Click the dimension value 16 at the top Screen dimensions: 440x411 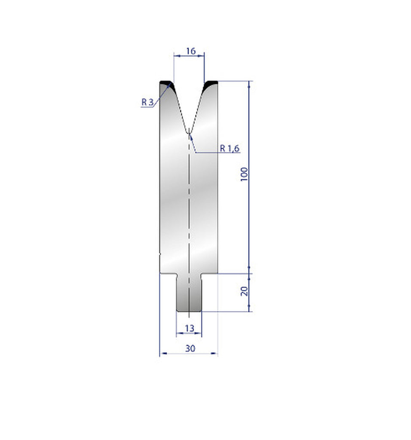pos(190,51)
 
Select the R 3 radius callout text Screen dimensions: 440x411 pos(147,102)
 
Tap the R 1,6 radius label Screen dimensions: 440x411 pos(230,148)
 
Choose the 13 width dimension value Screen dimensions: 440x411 pos(189,328)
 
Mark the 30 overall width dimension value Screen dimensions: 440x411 pos(190,348)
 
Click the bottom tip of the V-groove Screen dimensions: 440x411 pos(189,131)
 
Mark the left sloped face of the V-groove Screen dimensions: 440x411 pos(180,107)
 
